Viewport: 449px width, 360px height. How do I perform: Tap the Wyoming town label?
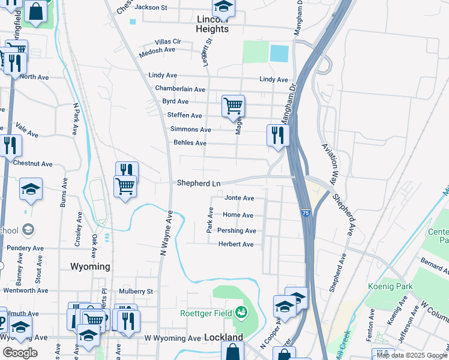(90, 266)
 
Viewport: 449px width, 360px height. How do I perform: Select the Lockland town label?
(223, 338)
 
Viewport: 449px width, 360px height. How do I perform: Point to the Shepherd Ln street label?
(199, 183)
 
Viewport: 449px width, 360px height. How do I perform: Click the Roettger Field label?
(207, 313)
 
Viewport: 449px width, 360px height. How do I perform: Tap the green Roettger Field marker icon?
(241, 312)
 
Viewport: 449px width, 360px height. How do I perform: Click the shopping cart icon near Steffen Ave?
(232, 106)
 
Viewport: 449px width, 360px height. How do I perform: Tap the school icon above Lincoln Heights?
(223, 7)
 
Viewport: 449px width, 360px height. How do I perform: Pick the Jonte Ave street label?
(239, 198)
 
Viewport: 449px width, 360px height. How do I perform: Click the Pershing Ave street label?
(237, 230)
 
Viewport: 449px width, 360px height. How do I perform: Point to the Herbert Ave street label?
(235, 244)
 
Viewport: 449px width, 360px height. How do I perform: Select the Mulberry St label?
(137, 292)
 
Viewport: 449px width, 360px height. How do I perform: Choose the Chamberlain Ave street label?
(180, 89)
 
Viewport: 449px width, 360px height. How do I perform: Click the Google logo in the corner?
(19, 353)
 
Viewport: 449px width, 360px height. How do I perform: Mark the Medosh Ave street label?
(157, 50)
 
